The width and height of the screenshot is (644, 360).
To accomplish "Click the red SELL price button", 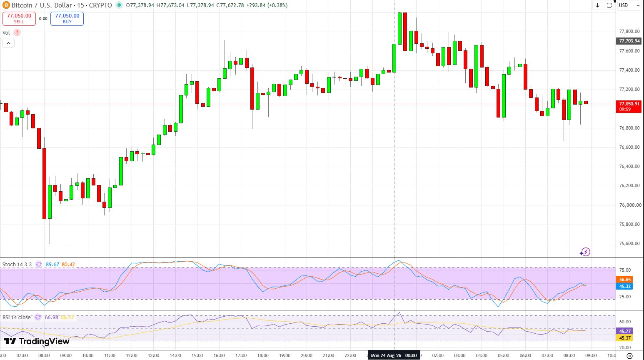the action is (x=19, y=18).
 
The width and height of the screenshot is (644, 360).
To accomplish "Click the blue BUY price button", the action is (x=67, y=18).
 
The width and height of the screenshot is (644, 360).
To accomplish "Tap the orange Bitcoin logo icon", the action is (x=6, y=5).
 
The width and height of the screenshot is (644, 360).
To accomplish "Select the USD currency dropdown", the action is (x=629, y=5).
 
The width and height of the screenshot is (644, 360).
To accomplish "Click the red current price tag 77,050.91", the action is (x=629, y=106).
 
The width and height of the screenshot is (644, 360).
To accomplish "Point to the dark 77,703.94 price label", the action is (x=629, y=41).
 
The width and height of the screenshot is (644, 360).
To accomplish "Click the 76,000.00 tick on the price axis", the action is (x=629, y=205).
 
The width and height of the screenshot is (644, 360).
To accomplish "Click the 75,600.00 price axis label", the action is (x=629, y=244).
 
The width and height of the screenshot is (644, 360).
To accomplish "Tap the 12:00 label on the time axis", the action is (x=132, y=355).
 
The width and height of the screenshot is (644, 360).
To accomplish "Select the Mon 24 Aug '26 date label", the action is (x=386, y=355).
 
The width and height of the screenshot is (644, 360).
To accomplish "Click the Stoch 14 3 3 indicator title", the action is (x=17, y=265).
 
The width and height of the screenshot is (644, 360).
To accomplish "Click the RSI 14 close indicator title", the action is (x=16, y=317).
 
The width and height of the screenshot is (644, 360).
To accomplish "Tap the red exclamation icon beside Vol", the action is (x=17, y=32).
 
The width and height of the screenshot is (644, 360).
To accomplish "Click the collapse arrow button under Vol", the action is (x=9, y=43).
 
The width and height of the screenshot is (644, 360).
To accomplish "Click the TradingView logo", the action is (x=37, y=341).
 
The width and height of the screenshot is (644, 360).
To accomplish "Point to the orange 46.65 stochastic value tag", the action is (x=624, y=280).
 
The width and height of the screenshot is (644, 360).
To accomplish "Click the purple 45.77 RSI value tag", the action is (x=624, y=331).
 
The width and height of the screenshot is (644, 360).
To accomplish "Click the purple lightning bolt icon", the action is (x=585, y=252).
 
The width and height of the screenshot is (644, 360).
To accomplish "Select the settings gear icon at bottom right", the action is (x=629, y=356).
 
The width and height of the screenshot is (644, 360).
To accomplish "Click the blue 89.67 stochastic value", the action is (x=52, y=265).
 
